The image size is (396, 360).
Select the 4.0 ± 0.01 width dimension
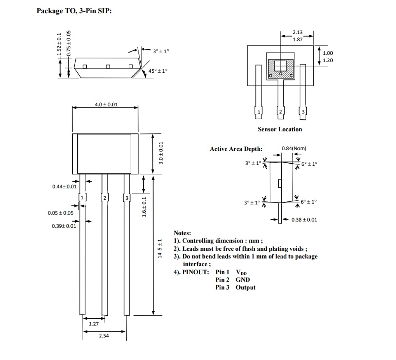point(106,104)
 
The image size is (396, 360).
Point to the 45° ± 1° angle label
point(158,71)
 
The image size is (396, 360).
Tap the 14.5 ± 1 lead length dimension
point(161,248)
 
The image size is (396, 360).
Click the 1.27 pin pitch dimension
point(94,324)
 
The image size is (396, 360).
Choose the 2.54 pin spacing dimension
point(104,336)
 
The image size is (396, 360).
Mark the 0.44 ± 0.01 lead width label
point(64,186)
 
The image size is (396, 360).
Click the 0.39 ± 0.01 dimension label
point(64,226)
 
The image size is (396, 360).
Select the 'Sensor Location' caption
point(280,129)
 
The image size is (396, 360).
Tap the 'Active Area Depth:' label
point(236,149)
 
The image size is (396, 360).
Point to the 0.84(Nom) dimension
point(294,148)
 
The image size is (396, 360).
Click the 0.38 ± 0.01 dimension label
point(304,220)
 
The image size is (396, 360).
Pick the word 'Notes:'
point(182,233)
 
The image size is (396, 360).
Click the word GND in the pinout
point(243,279)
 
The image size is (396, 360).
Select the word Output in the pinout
point(246,287)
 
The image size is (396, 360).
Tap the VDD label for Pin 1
point(241,272)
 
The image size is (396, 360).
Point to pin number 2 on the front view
point(104,198)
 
